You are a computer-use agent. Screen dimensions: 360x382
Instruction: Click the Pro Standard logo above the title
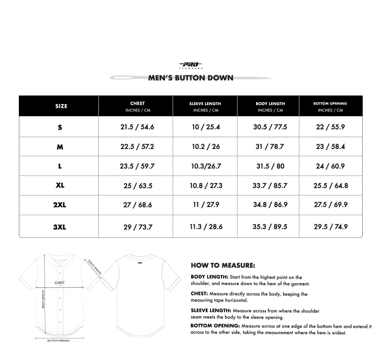point(190,65)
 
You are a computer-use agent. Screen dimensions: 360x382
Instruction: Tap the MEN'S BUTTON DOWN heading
point(190,78)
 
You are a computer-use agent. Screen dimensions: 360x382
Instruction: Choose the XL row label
point(60,186)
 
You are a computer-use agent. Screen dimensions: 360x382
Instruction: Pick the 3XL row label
point(60,226)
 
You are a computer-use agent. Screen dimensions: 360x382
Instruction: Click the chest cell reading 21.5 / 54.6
point(137,127)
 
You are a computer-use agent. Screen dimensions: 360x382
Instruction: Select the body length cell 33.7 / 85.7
point(270,186)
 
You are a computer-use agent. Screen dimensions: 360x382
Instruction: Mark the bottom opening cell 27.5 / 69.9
point(331,205)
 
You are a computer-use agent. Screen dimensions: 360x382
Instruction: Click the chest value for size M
point(137,147)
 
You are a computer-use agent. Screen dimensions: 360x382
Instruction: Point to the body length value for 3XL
point(270,227)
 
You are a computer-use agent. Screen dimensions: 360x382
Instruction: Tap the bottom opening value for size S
point(331,127)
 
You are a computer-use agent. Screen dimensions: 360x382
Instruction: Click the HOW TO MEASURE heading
point(222,265)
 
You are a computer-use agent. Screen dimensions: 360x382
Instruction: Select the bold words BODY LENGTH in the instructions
point(209,277)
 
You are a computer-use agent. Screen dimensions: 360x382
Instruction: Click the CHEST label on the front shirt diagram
point(59,283)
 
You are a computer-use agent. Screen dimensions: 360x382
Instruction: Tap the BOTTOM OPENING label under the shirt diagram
point(58,341)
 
